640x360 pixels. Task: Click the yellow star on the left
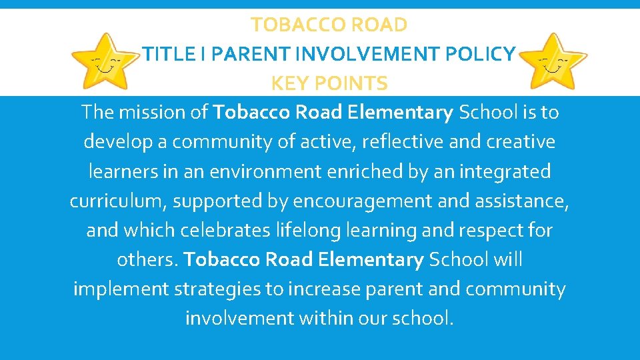click(106, 63)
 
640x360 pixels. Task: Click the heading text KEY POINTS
click(329, 83)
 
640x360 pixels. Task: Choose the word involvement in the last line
click(238, 319)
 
